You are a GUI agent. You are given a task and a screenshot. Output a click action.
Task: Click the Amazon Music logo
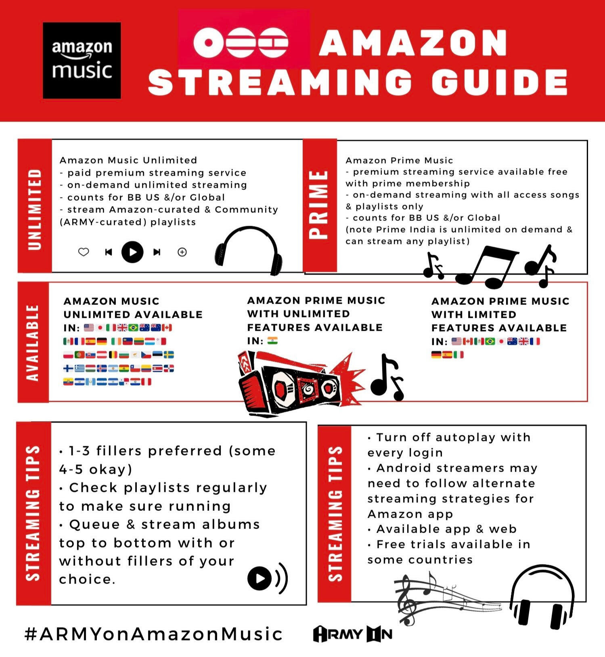[82, 61]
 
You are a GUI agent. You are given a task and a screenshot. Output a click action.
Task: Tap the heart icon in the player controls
[84, 252]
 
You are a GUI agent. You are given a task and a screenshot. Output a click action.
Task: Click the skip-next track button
[157, 252]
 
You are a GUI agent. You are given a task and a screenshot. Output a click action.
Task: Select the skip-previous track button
[108, 252]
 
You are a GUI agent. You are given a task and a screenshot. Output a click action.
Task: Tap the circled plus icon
[182, 252]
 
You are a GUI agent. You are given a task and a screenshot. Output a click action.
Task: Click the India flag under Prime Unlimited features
[272, 341]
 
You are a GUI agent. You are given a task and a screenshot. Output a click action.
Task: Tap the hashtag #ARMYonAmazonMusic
[153, 634]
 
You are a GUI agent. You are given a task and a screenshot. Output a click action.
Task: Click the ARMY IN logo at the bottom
[353, 634]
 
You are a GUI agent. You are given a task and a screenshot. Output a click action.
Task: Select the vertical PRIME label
[319, 205]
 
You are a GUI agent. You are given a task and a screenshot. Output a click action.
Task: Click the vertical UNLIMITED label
[35, 209]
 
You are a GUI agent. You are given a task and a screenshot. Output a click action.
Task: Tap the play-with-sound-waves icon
[268, 578]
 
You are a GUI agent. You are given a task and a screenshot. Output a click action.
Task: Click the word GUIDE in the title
[500, 82]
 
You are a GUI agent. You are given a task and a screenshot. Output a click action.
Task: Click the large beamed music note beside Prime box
[486, 267]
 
